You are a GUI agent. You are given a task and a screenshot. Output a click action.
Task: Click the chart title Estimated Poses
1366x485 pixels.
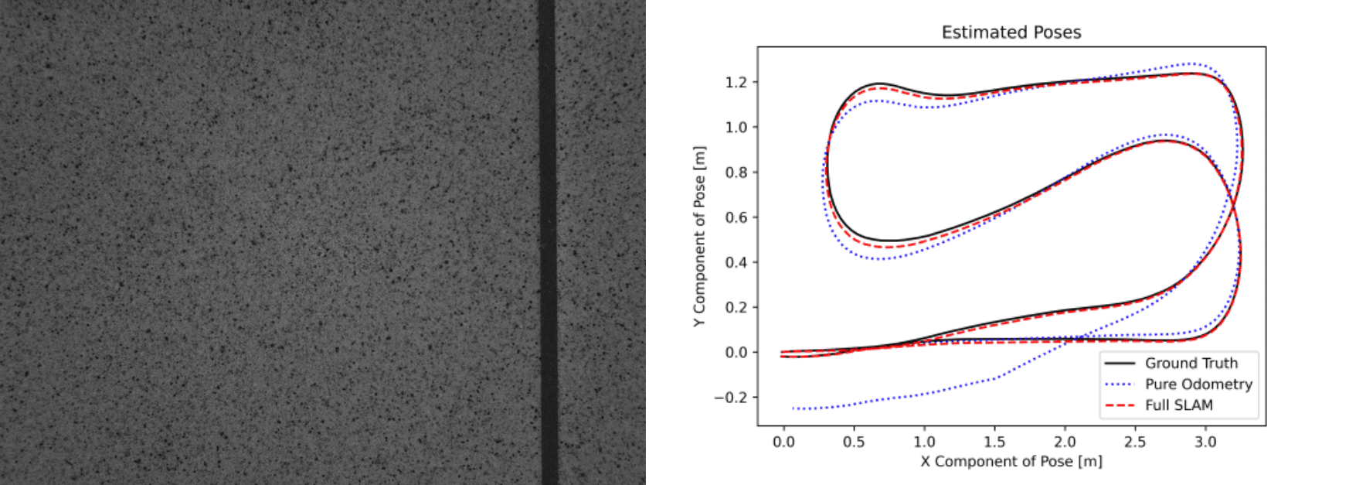[x=1011, y=32]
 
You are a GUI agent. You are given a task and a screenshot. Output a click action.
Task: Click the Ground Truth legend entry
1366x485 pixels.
[x=1191, y=364]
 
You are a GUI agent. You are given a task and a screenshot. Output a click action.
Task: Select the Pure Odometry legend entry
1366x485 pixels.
[x=1198, y=384]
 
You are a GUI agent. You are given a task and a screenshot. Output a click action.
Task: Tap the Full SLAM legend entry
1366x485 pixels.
[x=1178, y=405]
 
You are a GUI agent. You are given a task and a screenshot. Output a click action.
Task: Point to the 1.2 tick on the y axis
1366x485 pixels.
[x=736, y=82]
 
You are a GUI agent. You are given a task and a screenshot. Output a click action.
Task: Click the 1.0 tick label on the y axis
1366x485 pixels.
[x=736, y=127]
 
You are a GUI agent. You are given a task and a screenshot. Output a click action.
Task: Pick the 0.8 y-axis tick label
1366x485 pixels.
[x=736, y=172]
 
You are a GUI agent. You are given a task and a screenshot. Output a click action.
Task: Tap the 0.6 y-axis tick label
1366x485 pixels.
[x=736, y=217]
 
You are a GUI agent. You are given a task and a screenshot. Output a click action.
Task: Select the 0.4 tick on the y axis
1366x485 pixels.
[x=736, y=262]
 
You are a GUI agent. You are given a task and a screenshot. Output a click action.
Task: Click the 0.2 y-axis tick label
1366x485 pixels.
[x=736, y=307]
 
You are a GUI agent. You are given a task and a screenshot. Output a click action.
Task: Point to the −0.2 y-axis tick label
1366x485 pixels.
[x=730, y=398]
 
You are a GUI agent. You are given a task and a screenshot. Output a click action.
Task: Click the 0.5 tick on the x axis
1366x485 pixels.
[x=854, y=442]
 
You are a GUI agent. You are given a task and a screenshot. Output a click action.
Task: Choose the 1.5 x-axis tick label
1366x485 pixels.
[x=994, y=442]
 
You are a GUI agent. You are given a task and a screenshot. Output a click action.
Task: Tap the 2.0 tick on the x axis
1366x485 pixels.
[x=1065, y=442]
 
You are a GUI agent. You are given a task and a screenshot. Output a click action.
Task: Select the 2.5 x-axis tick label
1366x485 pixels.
[x=1135, y=442]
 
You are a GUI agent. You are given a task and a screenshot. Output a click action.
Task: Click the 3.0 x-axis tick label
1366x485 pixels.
[x=1205, y=442]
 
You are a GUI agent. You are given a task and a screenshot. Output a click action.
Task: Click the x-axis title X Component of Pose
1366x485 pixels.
[x=1011, y=462]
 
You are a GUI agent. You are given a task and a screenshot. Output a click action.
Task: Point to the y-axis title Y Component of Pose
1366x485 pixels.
[x=699, y=236]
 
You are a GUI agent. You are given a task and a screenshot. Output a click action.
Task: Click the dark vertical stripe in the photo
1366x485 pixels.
[x=548, y=242]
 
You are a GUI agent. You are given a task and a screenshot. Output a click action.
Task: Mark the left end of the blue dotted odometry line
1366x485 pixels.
[x=793, y=408]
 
